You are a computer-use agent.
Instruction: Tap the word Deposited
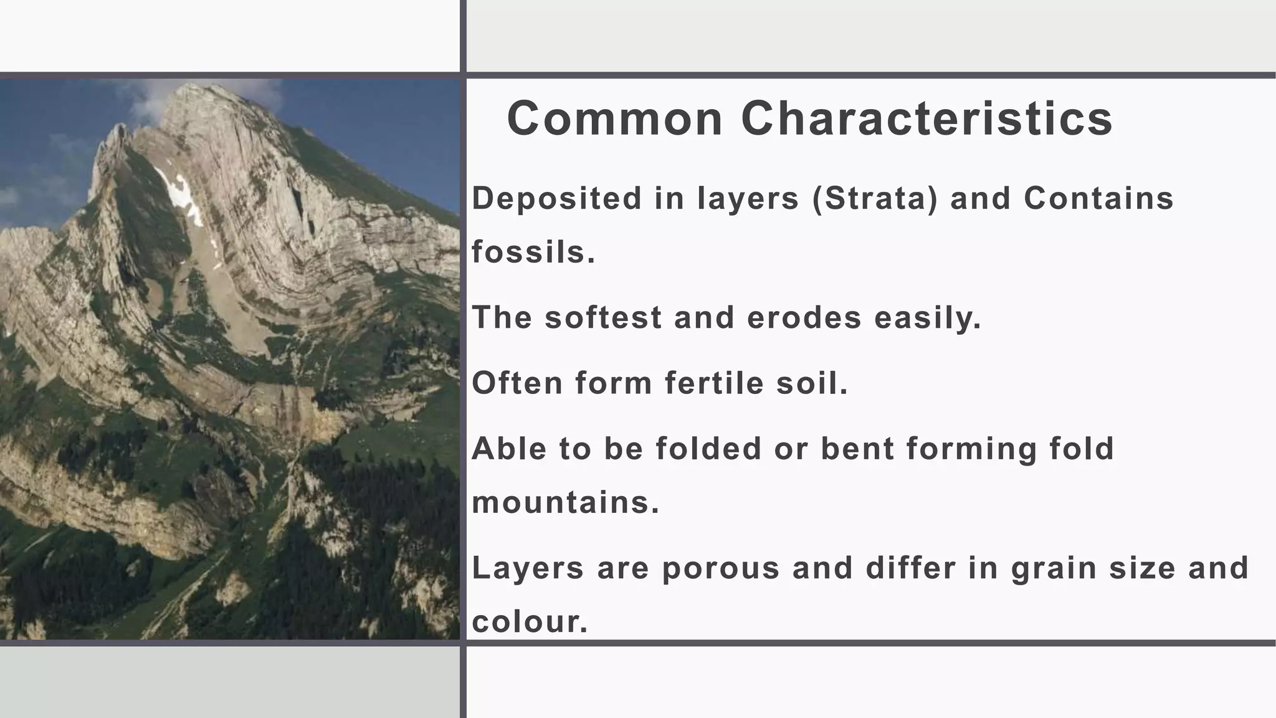point(556,198)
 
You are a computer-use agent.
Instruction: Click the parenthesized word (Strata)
point(875,198)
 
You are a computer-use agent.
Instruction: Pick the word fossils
point(533,252)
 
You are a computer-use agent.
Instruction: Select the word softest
point(602,317)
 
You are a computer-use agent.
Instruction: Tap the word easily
point(928,317)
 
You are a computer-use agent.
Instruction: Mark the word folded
point(708,449)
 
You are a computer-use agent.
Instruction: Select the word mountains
point(565,502)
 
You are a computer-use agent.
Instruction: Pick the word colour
point(530,622)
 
